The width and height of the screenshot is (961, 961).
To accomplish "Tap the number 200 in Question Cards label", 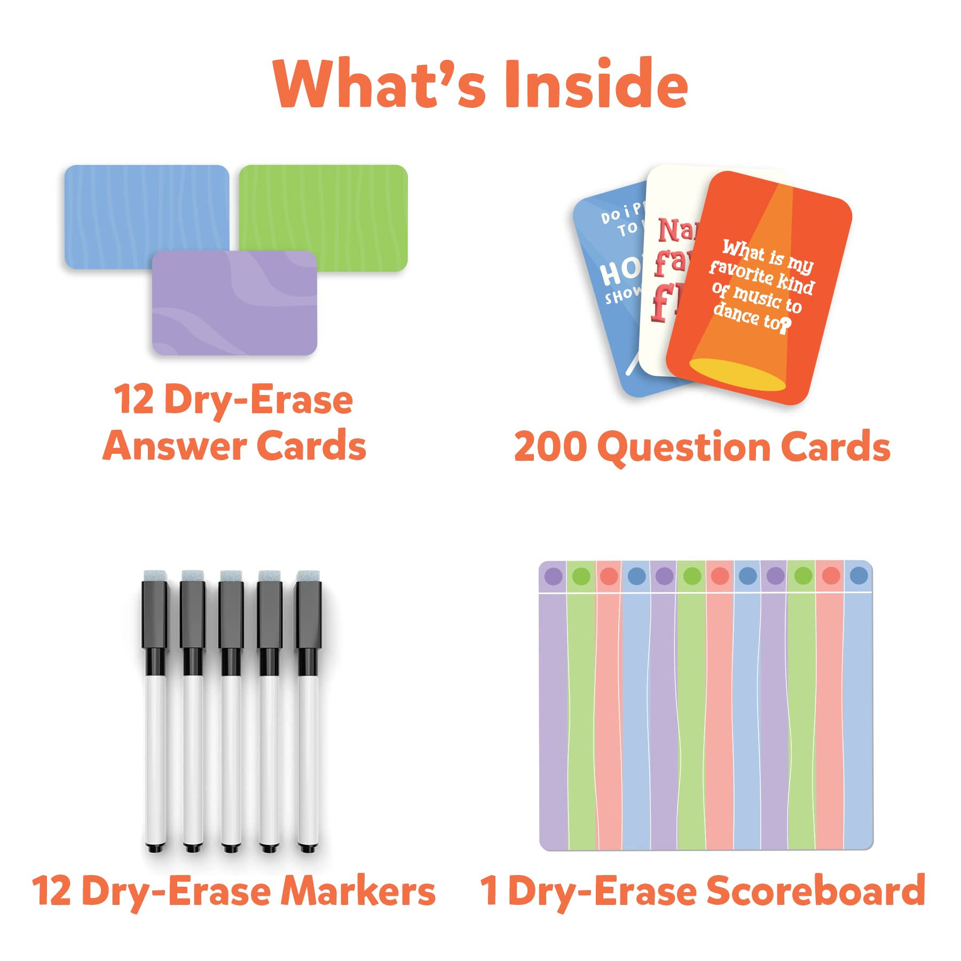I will click(550, 447).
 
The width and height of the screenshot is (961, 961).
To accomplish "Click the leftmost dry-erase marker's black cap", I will click(155, 614).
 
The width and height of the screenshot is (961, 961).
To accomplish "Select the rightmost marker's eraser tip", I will click(309, 576).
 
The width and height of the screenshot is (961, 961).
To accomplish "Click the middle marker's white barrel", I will click(231, 758).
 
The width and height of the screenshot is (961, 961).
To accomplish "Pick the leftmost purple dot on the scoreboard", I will click(553, 576).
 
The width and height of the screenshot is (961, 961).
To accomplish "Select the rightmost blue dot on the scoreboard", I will click(858, 576).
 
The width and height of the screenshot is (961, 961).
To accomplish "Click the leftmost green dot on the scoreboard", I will click(581, 576).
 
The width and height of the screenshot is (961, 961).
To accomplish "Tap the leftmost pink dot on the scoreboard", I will click(609, 576).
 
